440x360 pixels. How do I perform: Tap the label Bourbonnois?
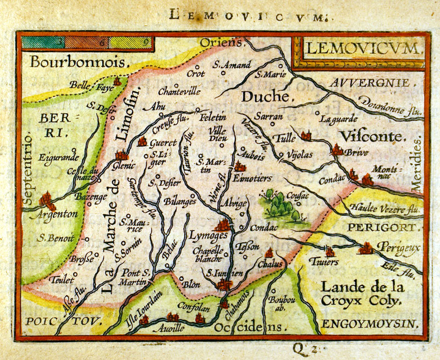click(75, 62)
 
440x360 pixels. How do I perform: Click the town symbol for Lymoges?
click(223, 224)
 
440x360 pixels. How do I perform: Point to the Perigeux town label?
click(399, 248)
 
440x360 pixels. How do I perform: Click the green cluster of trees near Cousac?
click(280, 206)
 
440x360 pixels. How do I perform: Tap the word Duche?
click(266, 97)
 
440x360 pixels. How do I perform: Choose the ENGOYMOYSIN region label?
click(370, 323)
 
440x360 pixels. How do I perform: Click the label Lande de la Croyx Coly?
click(362, 293)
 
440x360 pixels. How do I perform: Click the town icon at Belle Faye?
click(117, 82)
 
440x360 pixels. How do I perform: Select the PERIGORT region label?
click(384, 226)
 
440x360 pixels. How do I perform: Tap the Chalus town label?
click(269, 264)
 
